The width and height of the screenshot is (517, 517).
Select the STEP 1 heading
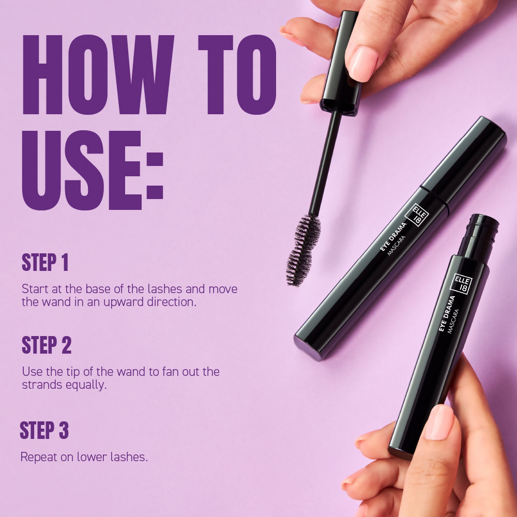(x=45, y=263)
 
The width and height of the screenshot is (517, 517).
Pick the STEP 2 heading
(x=47, y=345)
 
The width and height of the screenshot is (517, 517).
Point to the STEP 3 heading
(x=44, y=431)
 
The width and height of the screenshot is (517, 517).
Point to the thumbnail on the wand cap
(x=362, y=63)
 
